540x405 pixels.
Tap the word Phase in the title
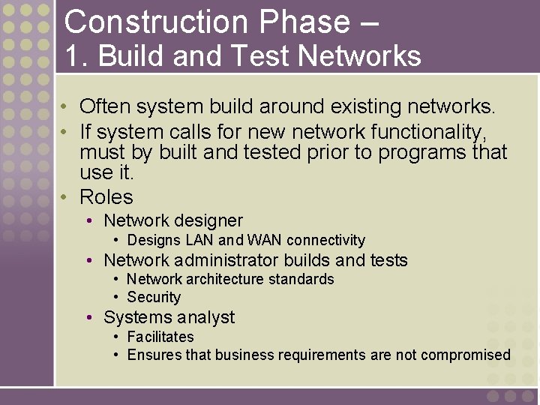(301, 22)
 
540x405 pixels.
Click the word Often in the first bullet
(103, 106)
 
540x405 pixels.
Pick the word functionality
(428, 133)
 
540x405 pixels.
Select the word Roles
(106, 197)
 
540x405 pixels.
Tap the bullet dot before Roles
(66, 198)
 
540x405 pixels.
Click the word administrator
(221, 260)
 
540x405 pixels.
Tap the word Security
(154, 297)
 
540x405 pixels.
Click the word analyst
(207, 317)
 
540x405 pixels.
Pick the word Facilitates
(160, 337)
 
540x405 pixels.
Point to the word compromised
(466, 355)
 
